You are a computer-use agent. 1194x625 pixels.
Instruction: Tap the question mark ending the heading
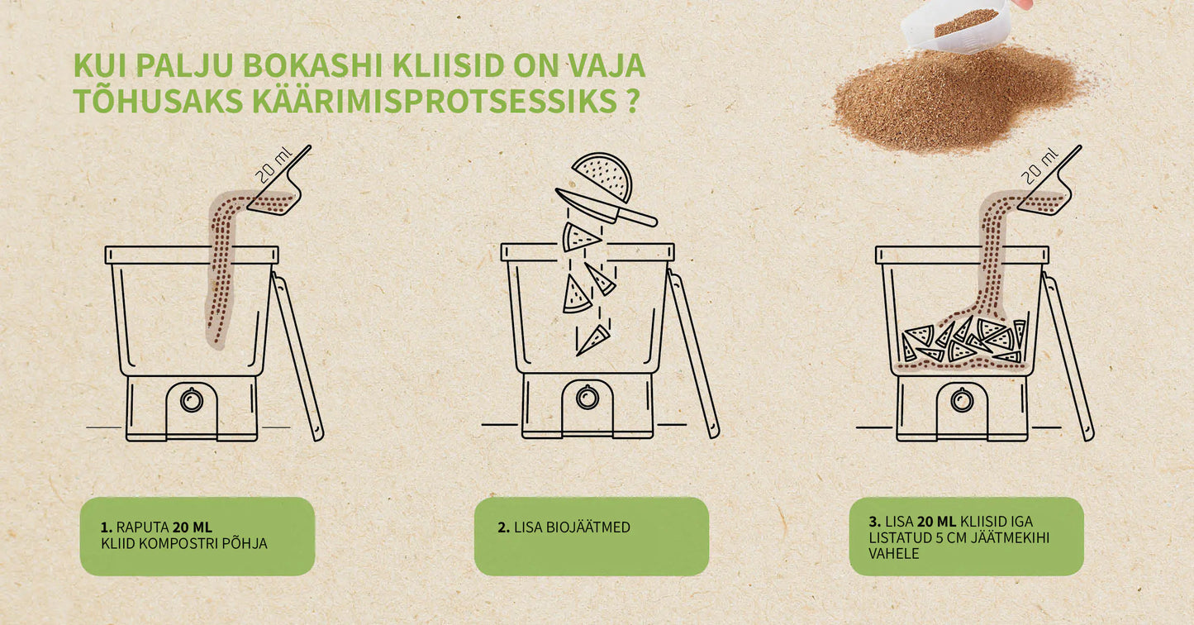pos(632,100)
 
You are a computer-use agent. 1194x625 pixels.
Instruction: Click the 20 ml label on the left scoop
pos(274,164)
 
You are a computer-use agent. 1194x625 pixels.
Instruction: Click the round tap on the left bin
pos(192,399)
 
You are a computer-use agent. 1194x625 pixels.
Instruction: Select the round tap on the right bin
pos(962,399)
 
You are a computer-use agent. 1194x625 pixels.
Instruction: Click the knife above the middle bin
pos(606,208)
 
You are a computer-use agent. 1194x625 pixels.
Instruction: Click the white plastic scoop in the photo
pos(957,24)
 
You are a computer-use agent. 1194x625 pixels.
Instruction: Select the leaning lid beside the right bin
pos(1068,356)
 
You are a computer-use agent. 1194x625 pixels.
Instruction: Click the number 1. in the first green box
pos(106,527)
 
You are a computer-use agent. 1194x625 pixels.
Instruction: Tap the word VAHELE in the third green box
pos(894,554)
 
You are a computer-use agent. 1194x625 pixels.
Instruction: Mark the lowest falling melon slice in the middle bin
pos(593,340)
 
